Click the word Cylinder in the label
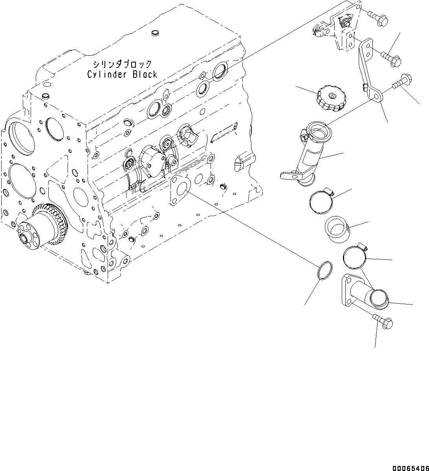coord(104,74)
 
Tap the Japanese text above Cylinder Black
coord(122,64)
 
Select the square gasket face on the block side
coord(180,190)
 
